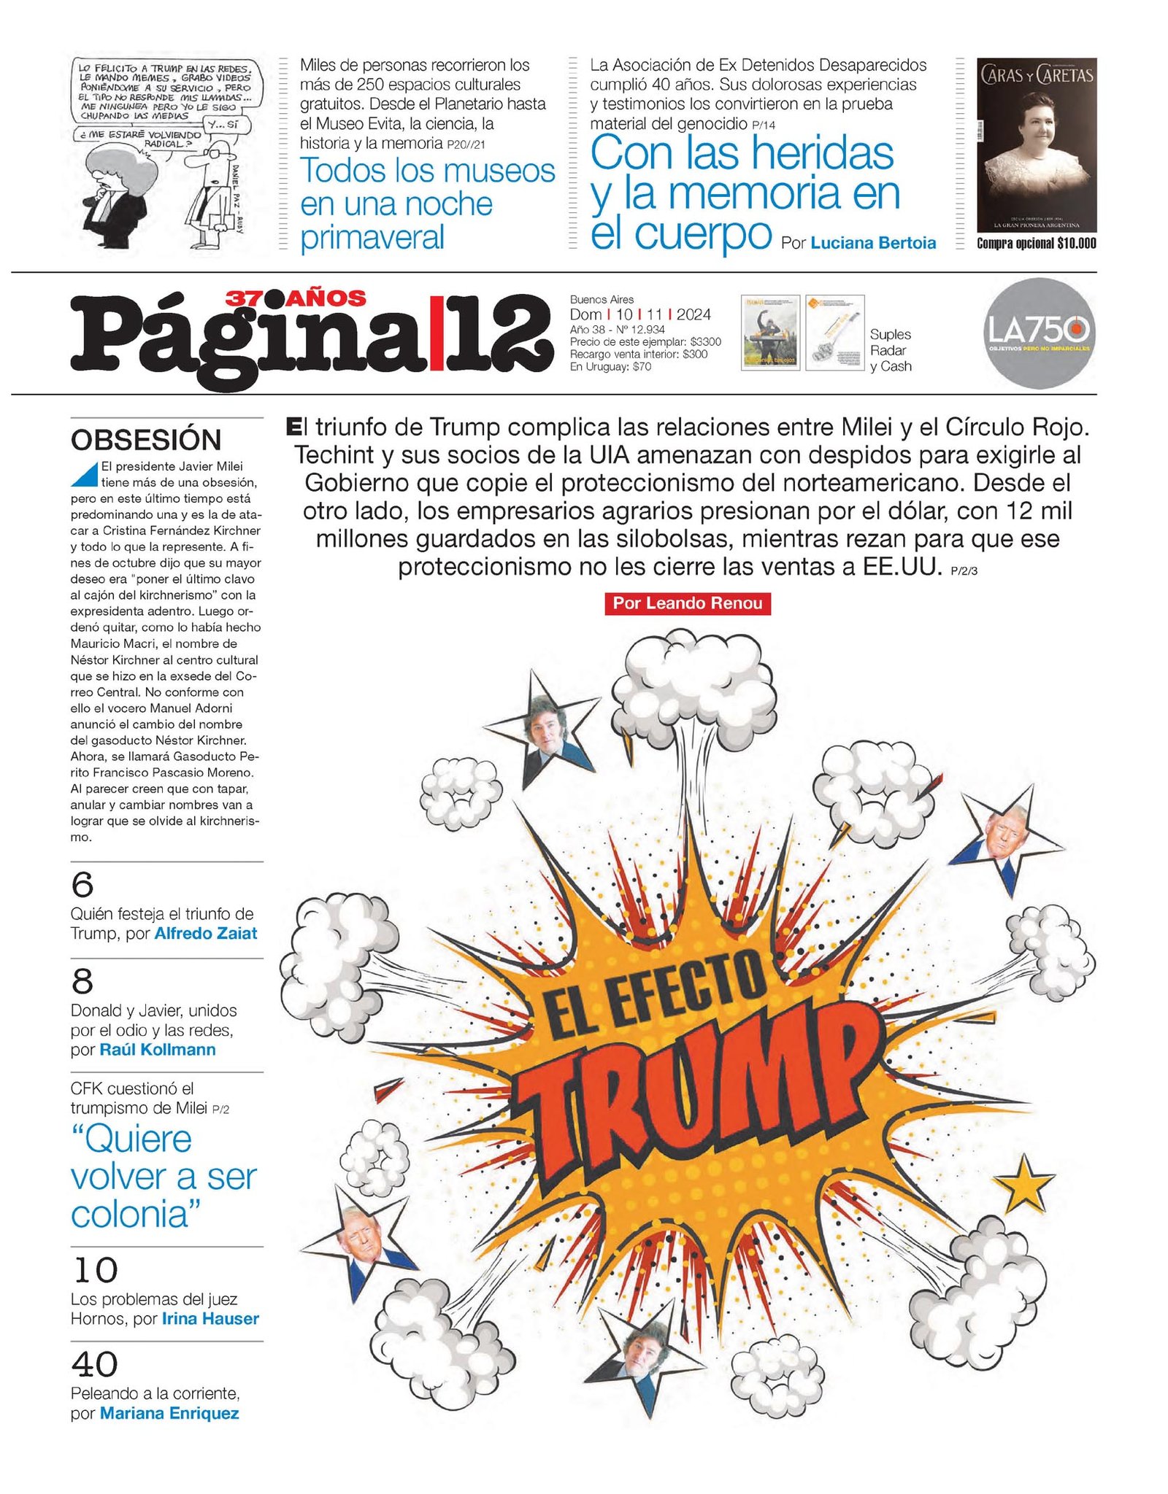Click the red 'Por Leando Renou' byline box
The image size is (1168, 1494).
click(687, 603)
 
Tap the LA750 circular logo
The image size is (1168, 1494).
click(1039, 332)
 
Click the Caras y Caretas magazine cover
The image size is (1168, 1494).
click(1037, 144)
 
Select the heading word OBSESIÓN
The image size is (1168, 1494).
click(146, 441)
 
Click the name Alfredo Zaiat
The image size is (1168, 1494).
click(206, 933)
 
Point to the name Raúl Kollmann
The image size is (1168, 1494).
click(158, 1050)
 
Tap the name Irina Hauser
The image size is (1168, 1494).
click(210, 1319)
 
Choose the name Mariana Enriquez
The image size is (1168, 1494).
click(169, 1413)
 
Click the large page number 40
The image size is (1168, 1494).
click(94, 1364)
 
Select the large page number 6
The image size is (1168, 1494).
click(82, 885)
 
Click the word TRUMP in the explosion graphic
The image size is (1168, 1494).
click(693, 1080)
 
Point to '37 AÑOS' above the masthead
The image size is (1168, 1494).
click(296, 298)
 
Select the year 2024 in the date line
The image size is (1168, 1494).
click(693, 314)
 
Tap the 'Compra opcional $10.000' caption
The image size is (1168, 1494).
click(1037, 244)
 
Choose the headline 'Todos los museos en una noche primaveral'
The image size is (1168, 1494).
click(427, 204)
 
